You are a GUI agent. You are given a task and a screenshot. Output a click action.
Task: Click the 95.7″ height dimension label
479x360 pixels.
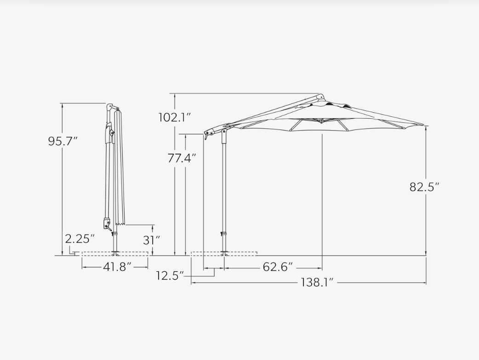coord(63,141)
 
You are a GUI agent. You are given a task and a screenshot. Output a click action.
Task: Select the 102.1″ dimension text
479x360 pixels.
coord(175,117)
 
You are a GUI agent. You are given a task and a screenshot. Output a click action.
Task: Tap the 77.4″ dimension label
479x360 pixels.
coord(182,158)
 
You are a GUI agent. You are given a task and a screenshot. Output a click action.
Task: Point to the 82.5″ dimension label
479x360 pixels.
coord(424,187)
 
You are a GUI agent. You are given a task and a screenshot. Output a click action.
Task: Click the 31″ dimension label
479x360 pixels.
coord(151,240)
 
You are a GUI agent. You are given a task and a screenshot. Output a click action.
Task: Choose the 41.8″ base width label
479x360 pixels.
coord(117,267)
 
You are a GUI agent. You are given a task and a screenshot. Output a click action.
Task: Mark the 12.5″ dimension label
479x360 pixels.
coord(170,275)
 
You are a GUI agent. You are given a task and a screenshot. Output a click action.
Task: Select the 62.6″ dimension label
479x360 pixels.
coord(278,267)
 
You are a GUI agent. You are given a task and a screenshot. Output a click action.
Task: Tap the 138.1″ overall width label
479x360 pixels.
coord(317,282)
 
